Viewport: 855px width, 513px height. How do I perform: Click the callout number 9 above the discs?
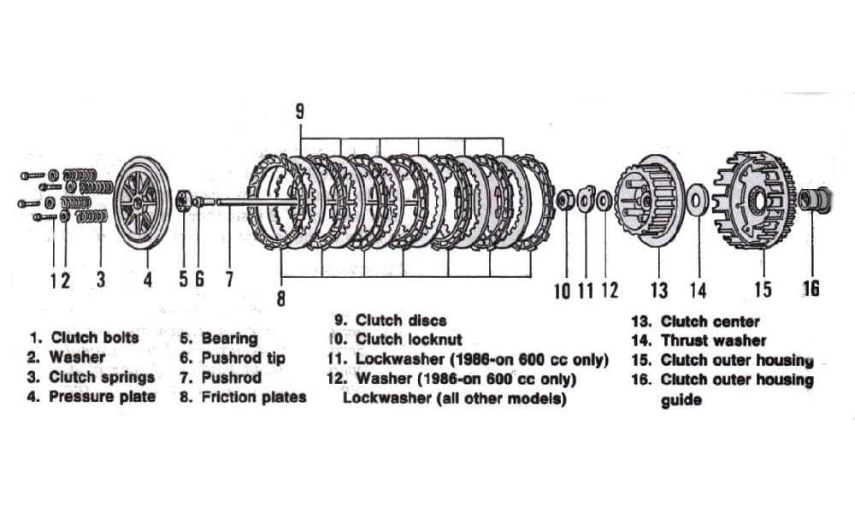point(298,112)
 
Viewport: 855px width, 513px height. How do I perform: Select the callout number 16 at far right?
point(809,288)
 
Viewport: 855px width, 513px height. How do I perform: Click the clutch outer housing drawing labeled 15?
point(752,202)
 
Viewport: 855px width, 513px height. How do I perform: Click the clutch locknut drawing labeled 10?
point(563,201)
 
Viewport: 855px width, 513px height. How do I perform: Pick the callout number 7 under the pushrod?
point(228,280)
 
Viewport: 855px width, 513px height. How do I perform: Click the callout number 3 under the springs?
point(101,280)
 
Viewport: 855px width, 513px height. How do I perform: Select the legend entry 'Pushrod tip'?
point(243,357)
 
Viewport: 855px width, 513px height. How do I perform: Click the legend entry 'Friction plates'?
point(253,397)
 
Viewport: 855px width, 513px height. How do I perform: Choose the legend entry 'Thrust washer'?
point(713,340)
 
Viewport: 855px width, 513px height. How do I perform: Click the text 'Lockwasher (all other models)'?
point(454,398)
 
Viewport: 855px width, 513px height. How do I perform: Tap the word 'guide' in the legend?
point(681,400)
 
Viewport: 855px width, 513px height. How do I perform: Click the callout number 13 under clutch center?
point(658,290)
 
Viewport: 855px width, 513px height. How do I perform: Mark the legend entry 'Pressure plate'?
point(102,397)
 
